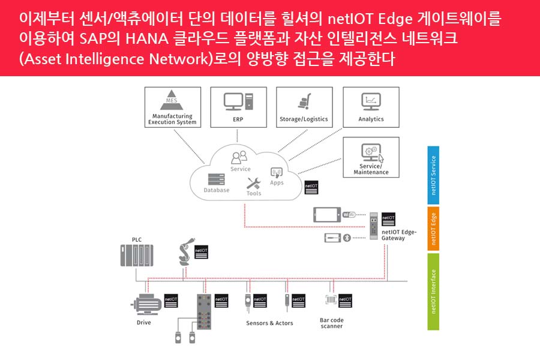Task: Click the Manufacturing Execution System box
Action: (x=172, y=107)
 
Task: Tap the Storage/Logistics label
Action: (x=304, y=119)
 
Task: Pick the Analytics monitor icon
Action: (x=371, y=100)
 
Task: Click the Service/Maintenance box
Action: (x=370, y=157)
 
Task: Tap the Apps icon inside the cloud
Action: (x=277, y=173)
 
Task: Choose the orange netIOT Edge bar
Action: (x=433, y=229)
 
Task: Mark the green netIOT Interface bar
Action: (x=433, y=292)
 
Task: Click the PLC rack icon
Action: (x=137, y=256)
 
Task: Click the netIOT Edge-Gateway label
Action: (x=398, y=235)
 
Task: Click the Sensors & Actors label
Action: (x=269, y=323)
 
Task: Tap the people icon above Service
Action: (x=239, y=157)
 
